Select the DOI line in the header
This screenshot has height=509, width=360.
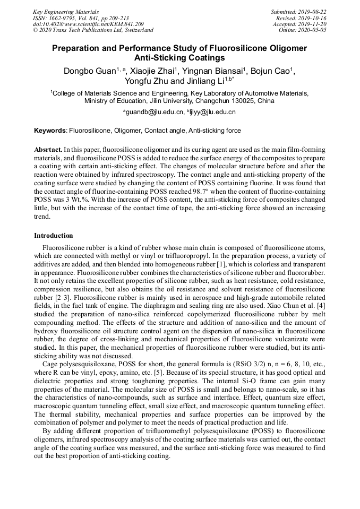(x=88, y=24)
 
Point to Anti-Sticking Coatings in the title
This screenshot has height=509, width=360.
(x=179, y=58)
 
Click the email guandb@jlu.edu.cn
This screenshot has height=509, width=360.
(x=155, y=113)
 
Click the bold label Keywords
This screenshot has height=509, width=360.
(x=50, y=131)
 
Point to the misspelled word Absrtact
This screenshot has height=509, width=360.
(x=48, y=150)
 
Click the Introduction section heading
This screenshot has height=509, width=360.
(x=54, y=235)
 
